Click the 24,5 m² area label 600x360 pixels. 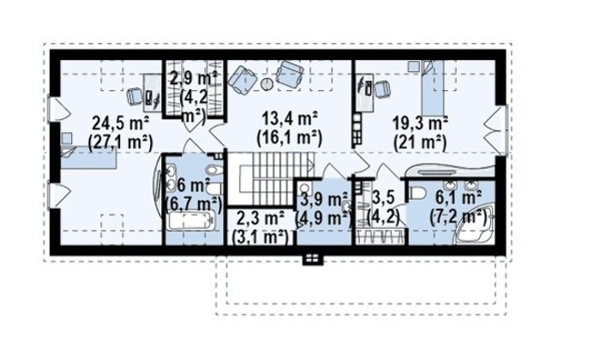pyautogui.click(x=121, y=123)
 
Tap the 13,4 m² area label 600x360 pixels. pyautogui.click(x=290, y=119)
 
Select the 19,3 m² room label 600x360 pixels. pyautogui.click(x=421, y=123)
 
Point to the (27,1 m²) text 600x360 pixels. pyautogui.click(x=121, y=142)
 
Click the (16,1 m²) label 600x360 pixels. pyautogui.click(x=290, y=138)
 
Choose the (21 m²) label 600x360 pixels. pyautogui.click(x=421, y=142)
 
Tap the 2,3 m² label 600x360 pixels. pyautogui.click(x=261, y=219)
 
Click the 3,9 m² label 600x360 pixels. pyautogui.click(x=324, y=199)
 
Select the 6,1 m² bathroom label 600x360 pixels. pyautogui.click(x=458, y=199)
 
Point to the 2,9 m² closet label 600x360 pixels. pyautogui.click(x=194, y=79)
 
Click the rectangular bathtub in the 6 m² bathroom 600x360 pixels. pyautogui.click(x=190, y=221)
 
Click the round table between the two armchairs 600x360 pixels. pyautogui.click(x=267, y=83)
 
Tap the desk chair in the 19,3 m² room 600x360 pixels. pyautogui.click(x=381, y=89)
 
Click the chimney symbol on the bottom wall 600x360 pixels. pyautogui.click(x=314, y=259)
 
